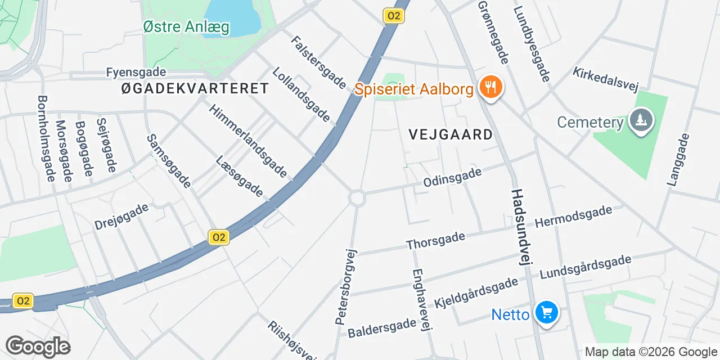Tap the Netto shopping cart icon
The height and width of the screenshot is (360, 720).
coord(546,313)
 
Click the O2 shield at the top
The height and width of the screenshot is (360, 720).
coord(394,16)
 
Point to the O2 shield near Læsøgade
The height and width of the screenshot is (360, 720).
coord(218,237)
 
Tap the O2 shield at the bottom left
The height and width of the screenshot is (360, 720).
coord(23,301)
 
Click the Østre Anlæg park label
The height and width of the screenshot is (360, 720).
coord(186,27)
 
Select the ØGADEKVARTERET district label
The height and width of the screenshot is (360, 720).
coord(195,88)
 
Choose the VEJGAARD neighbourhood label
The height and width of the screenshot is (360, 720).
coord(451,134)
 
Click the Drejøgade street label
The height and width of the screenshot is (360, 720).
coord(121,216)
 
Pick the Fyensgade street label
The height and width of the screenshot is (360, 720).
coord(136,72)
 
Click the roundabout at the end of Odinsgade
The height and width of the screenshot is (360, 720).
coord(357,197)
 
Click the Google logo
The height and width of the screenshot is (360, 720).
coord(38,346)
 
